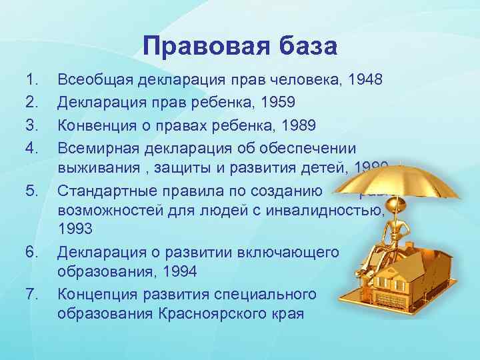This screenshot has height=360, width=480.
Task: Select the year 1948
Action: pyautogui.click(x=366, y=81)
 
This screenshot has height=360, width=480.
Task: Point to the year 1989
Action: pyautogui.click(x=283, y=125)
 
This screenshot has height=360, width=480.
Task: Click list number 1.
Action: pyautogui.click(x=30, y=81)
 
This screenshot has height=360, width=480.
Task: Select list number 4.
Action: pyautogui.click(x=31, y=146)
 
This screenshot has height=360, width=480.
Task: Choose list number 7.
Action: pyautogui.click(x=31, y=293)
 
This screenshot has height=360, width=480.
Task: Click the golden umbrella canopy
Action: pyautogui.click(x=400, y=180)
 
